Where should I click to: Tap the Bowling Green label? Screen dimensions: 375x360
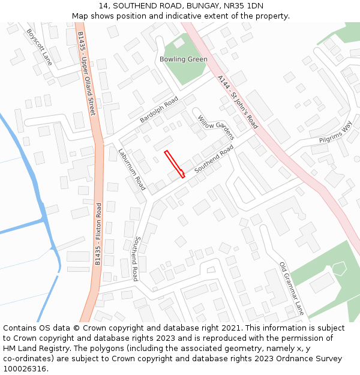click(184, 59)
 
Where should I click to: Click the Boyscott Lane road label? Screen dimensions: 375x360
click(40, 47)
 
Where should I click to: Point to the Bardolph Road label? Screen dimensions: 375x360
click(159, 109)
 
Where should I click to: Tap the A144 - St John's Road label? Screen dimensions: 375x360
click(238, 102)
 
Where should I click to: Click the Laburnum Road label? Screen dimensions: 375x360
click(131, 169)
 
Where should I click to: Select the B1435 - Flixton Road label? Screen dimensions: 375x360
click(98, 234)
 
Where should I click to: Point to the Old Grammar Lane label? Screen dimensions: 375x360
click(292, 289)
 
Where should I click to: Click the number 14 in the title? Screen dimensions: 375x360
click(102, 5)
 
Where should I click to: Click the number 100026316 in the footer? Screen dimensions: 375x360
click(23, 369)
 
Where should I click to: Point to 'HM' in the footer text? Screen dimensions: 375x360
click(10, 349)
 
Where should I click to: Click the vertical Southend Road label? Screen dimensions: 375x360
click(136, 259)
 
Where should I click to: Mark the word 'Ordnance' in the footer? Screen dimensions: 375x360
click(292, 359)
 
